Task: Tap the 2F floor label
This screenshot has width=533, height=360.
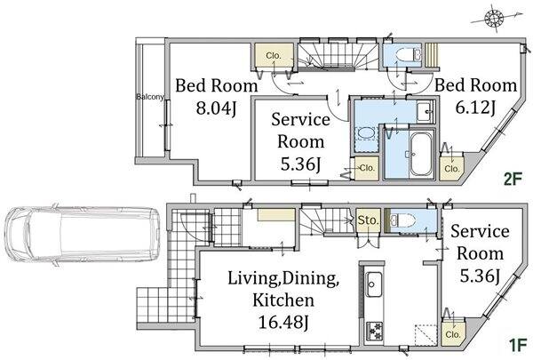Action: (x=513, y=179)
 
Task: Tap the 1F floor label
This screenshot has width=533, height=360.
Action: (x=518, y=345)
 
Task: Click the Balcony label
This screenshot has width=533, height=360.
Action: (x=150, y=97)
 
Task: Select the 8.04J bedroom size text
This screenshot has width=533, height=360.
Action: (x=216, y=108)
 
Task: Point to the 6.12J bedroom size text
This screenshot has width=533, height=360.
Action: (x=475, y=108)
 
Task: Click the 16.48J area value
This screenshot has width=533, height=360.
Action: (x=283, y=322)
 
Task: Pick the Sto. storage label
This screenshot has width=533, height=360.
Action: (x=368, y=220)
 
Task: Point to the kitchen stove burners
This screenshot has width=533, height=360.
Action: (x=374, y=331)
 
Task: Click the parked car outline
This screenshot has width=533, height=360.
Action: (x=83, y=234)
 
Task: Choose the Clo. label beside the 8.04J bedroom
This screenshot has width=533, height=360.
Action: (x=274, y=55)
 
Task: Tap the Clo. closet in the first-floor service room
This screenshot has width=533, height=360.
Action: (x=453, y=334)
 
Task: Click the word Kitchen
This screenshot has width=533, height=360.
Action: (x=283, y=300)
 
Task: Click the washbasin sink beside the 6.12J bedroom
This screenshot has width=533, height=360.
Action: (x=426, y=111)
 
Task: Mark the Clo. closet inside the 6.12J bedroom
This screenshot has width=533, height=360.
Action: (x=451, y=168)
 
